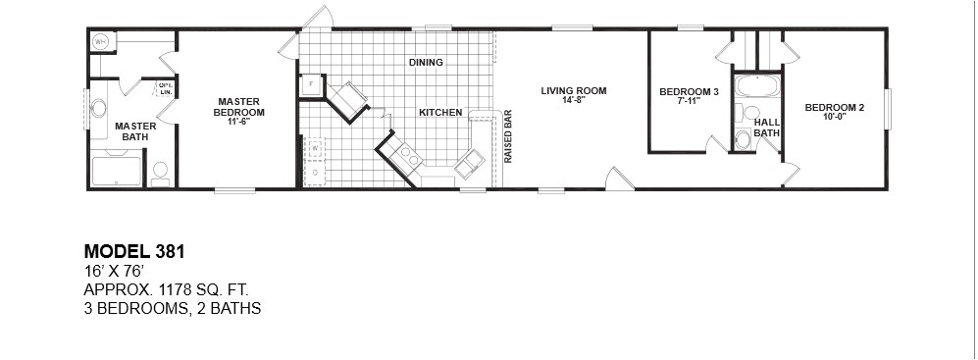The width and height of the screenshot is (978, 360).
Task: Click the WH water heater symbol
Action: pyautogui.click(x=101, y=42)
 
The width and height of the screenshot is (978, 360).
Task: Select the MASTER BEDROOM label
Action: pyautogui.click(x=237, y=106)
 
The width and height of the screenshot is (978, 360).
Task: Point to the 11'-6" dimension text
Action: pyautogui.click(x=237, y=122)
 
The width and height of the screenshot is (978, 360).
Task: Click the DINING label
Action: pyautogui.click(x=427, y=63)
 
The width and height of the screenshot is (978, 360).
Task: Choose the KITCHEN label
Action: pyautogui.click(x=440, y=113)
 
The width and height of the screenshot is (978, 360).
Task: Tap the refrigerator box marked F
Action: pyautogui.click(x=311, y=84)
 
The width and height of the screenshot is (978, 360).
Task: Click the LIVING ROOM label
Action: pyautogui.click(x=574, y=91)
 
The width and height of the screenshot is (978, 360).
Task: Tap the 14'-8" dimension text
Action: pyautogui.click(x=574, y=101)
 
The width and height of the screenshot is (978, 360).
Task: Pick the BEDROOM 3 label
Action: pyautogui.click(x=689, y=92)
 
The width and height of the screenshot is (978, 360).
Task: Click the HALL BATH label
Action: pyautogui.click(x=766, y=127)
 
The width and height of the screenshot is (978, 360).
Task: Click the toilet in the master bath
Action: pyautogui.click(x=160, y=173)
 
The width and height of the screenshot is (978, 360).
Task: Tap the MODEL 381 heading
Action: pyautogui.click(x=134, y=252)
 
